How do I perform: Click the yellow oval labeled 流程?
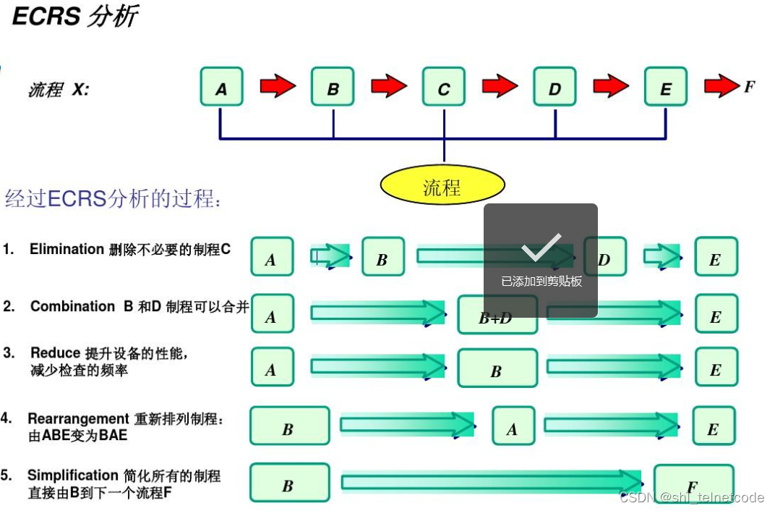[442, 186]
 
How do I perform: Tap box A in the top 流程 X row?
[221, 87]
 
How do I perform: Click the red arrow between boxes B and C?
[389, 87]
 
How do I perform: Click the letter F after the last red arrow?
[749, 87]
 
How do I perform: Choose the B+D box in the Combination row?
[497, 316]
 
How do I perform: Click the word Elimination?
[67, 249]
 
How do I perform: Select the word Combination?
[72, 306]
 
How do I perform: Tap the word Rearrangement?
[78, 418]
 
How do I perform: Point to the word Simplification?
[72, 476]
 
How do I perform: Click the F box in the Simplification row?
[693, 483]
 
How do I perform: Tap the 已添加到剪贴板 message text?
[541, 282]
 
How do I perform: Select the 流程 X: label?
[58, 90]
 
